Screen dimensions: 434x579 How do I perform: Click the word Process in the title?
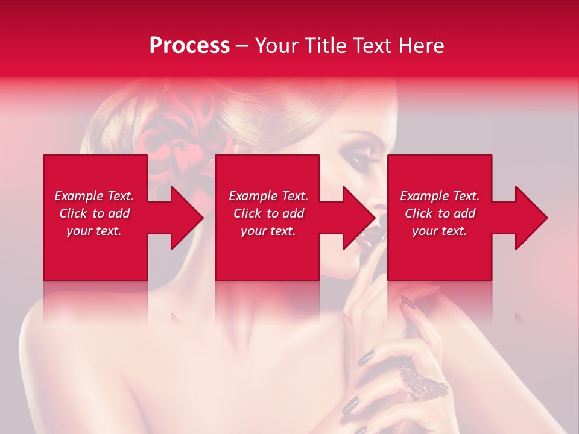pyautogui.click(x=189, y=45)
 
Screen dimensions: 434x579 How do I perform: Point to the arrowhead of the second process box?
pyautogui.click(x=358, y=218)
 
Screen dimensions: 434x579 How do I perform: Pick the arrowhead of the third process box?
pyautogui.click(x=531, y=218)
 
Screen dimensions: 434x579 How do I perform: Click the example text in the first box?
pyautogui.click(x=94, y=213)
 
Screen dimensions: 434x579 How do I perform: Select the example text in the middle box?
pyautogui.click(x=268, y=213)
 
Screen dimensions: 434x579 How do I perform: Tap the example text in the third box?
pyautogui.click(x=440, y=213)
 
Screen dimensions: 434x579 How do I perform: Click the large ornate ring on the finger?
pyautogui.click(x=423, y=382)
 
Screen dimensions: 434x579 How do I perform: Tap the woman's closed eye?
pyautogui.click(x=362, y=160)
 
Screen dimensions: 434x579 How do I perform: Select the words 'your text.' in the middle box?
pyautogui.click(x=268, y=231)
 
